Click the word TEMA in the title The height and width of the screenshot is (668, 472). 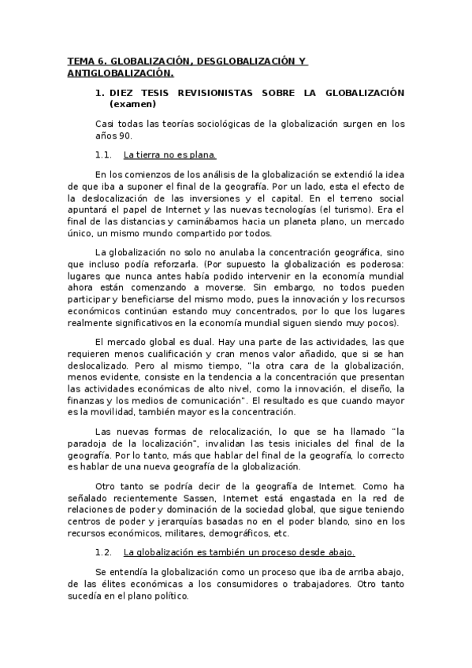click(79, 61)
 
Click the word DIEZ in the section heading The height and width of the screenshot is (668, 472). click(122, 92)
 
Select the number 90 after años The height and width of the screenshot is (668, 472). click(127, 135)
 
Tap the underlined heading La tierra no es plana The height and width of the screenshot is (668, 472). click(170, 154)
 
